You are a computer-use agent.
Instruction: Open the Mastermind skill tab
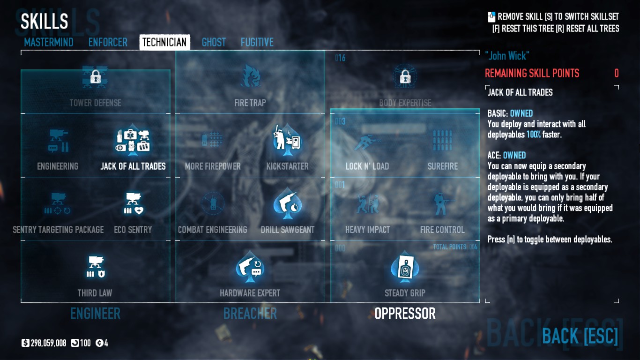49,43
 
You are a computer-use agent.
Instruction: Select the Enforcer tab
108,43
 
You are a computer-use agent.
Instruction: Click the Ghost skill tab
214,43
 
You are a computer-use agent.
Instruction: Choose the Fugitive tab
257,43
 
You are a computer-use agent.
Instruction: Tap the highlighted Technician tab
164,43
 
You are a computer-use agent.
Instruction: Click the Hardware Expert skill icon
250,268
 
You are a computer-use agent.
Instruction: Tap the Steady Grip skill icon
405,268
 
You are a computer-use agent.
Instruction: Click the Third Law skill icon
95,268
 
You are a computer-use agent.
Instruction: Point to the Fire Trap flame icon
250,76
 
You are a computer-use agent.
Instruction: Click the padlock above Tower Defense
96,76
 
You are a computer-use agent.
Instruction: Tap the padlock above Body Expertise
405,76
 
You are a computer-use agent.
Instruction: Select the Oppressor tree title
405,314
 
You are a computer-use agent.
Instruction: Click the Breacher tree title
250,314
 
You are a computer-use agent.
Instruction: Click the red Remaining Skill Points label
532,74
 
